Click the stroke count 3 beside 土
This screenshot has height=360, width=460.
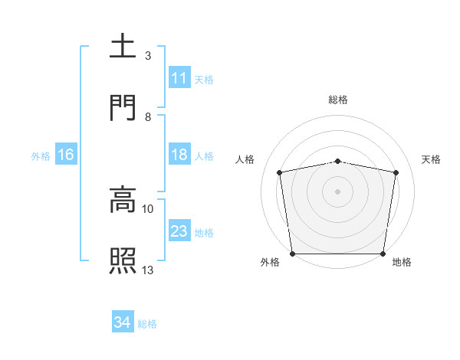pyautogui.click(x=148, y=56)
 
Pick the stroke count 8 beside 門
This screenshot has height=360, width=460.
pyautogui.click(x=148, y=116)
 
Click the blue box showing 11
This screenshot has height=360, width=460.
pyautogui.click(x=179, y=78)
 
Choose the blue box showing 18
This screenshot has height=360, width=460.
pyautogui.click(x=179, y=155)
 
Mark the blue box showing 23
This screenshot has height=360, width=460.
pyautogui.click(x=179, y=231)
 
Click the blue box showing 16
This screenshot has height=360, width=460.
pyautogui.click(x=66, y=155)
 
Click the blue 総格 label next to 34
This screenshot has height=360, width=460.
pyautogui.click(x=147, y=324)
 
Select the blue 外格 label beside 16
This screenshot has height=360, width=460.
pyautogui.click(x=41, y=155)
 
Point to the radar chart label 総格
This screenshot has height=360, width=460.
pyautogui.click(x=338, y=100)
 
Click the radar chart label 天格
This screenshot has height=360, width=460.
pyautogui.click(x=432, y=159)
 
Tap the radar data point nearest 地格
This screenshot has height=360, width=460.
pyautogui.click(x=383, y=254)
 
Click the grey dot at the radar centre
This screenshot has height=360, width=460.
pyautogui.click(x=338, y=191)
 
